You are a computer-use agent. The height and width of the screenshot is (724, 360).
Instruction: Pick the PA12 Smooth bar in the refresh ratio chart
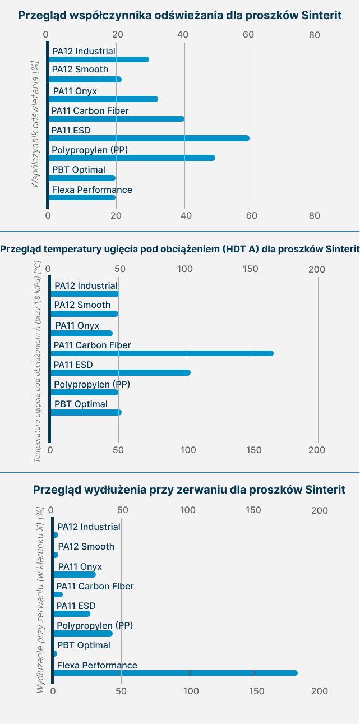[85, 79]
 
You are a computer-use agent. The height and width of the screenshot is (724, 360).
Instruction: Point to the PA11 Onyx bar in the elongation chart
[74, 574]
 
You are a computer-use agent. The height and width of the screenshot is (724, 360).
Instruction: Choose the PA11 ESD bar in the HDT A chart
[121, 373]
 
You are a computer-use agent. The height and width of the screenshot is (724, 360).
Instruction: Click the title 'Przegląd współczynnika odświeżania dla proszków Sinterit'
[180, 15]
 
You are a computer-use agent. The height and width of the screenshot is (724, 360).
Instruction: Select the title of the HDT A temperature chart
[180, 249]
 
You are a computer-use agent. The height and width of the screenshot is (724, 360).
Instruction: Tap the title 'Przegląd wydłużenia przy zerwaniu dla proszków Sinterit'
[190, 490]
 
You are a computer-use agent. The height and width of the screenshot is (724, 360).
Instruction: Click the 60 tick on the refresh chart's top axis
[248, 35]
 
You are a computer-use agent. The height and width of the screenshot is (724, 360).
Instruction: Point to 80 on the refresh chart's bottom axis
[315, 215]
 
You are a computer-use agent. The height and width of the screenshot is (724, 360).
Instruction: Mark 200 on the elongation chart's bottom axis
[320, 691]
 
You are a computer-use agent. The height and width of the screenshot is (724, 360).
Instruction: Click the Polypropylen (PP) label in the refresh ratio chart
[90, 150]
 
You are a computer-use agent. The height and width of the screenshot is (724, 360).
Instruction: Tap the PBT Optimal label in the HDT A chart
[81, 404]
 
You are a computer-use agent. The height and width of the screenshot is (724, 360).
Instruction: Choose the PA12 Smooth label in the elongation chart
[86, 546]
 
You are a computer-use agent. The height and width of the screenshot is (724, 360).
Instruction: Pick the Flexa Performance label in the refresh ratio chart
[92, 190]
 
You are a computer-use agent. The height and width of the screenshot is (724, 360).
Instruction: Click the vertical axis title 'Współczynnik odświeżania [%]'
[35, 124]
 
